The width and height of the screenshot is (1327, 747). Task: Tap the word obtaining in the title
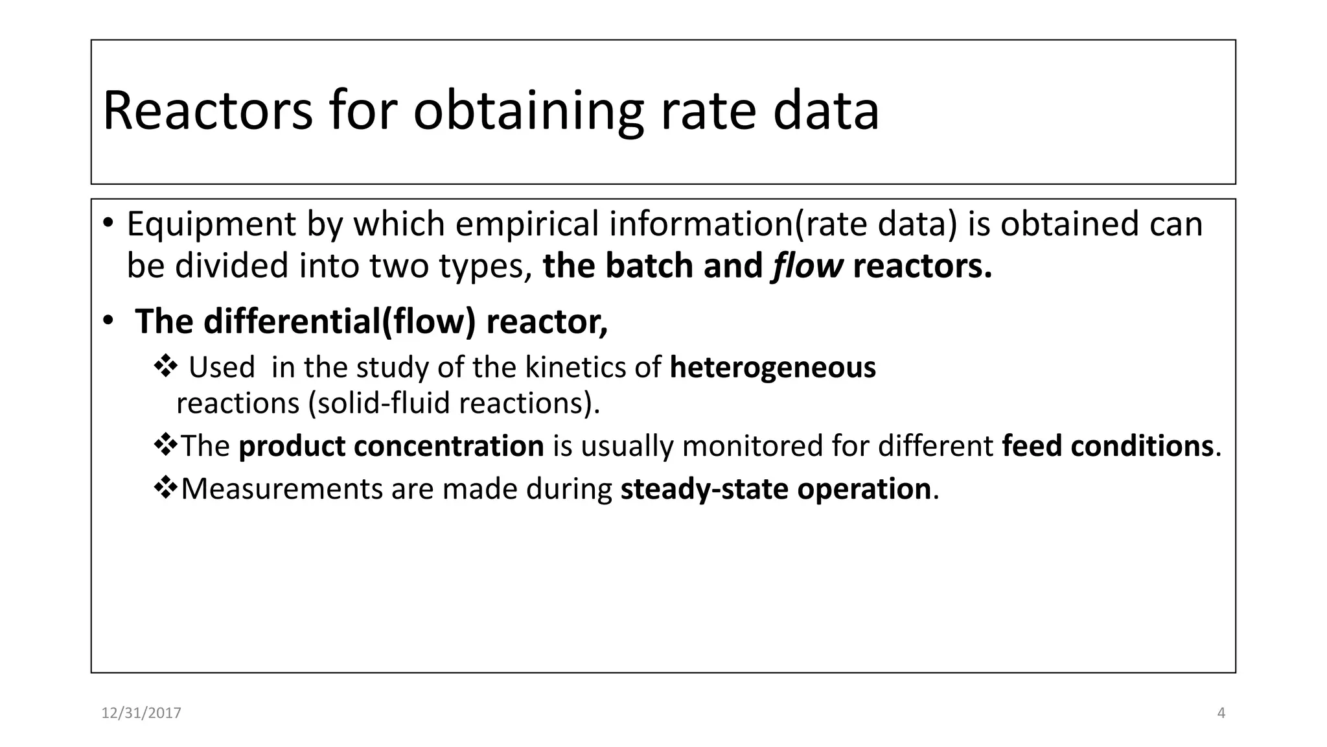528,111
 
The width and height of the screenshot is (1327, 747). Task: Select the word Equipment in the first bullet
211,225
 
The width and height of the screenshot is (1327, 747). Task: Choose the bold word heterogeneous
772,367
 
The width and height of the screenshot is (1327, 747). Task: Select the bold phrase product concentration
391,446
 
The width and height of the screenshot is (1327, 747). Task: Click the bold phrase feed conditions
1107,446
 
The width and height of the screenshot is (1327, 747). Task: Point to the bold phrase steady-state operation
776,489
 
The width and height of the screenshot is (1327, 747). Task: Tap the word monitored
752,446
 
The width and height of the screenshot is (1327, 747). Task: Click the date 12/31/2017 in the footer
141,713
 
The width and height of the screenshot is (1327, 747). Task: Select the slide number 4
1221,713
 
